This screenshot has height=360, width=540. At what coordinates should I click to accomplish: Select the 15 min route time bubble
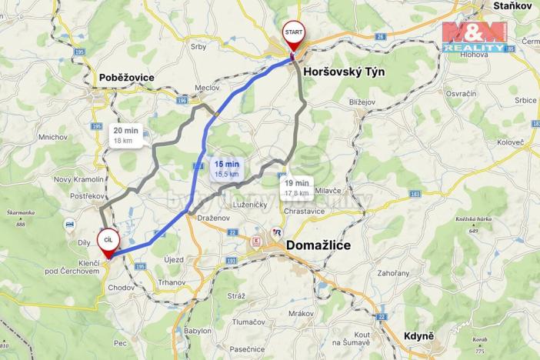[x=226, y=168]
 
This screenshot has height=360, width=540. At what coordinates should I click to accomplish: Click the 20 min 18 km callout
[x=123, y=135]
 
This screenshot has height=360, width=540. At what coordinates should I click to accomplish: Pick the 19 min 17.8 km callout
[x=296, y=187]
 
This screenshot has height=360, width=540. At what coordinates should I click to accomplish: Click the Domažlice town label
[x=329, y=245]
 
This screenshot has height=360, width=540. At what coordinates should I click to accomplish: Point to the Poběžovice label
[x=127, y=78]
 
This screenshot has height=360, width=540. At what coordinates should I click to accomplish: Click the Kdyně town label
[x=418, y=337]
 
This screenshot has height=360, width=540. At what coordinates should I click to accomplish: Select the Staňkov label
[x=512, y=5]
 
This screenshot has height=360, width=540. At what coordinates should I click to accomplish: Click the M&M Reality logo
[x=474, y=36]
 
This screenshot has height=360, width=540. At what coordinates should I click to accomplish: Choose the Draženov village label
[x=213, y=218]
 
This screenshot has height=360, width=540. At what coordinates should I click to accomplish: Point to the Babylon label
[x=197, y=331]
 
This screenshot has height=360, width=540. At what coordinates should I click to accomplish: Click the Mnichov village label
[x=52, y=138]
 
